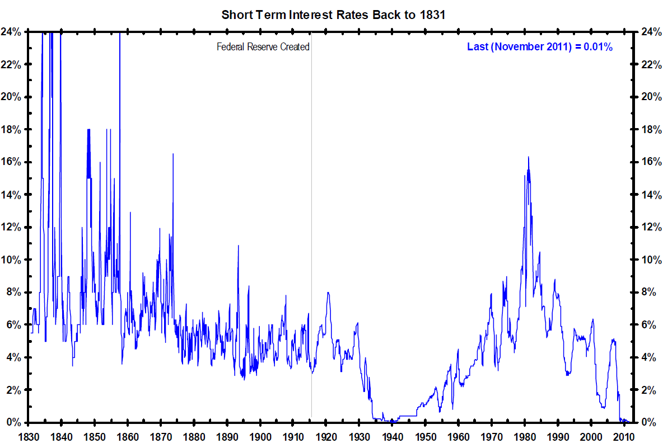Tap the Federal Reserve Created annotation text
pyautogui.click(x=263, y=47)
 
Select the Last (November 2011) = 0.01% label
pyautogui.click(x=540, y=47)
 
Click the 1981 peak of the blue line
pyautogui.click(x=528, y=157)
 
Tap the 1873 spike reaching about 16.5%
pyautogui.click(x=173, y=154)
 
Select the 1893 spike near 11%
pyautogui.click(x=239, y=246)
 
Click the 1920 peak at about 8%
pyautogui.click(x=328, y=293)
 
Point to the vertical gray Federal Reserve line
pyautogui.click(x=311, y=224)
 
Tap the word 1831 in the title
pyautogui.click(x=432, y=15)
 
